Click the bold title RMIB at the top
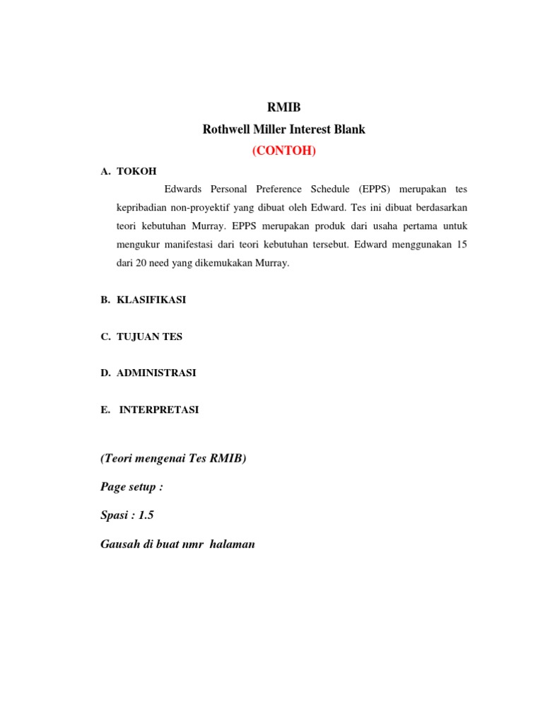pos(284,107)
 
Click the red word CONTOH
pos(284,151)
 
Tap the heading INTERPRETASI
pos(159,409)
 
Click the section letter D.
pos(105,373)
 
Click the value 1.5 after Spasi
pos(146,515)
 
